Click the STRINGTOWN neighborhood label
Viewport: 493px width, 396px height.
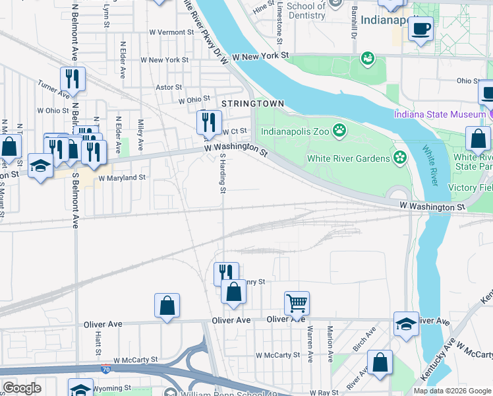pos(252,104)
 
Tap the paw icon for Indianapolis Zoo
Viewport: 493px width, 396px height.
pos(339,130)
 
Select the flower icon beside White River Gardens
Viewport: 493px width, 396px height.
pos(399,158)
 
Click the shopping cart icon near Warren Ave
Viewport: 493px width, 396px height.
pos(297,303)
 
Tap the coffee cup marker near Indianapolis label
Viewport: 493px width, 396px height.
pos(421,28)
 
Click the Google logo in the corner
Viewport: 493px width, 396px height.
pos(22,388)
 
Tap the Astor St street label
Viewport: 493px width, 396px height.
pos(168,87)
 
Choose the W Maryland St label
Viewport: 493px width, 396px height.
pos(121,178)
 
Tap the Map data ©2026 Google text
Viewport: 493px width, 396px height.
pos(451,391)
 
